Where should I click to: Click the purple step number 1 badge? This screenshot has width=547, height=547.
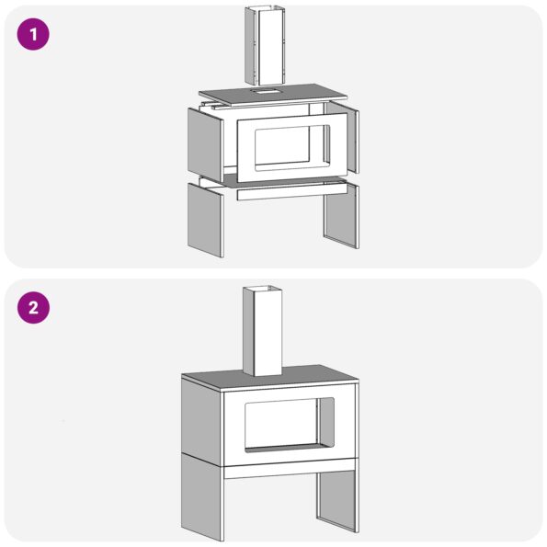(x=33, y=34)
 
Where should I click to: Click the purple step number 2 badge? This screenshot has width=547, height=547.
(x=33, y=308)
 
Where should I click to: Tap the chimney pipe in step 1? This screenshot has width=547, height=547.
(x=265, y=46)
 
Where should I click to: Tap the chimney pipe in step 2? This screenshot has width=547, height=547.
(x=262, y=331)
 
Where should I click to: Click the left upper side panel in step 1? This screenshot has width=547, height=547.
(x=205, y=145)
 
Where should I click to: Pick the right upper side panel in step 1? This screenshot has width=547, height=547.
(x=342, y=137)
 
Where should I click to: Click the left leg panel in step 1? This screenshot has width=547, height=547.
(x=205, y=220)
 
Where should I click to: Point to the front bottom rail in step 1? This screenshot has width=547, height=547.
(x=292, y=192)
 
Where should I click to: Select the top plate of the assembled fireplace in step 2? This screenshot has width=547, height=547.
(x=269, y=377)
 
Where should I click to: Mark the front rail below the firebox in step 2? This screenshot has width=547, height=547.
(x=290, y=469)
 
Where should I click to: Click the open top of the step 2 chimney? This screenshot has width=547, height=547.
(x=262, y=289)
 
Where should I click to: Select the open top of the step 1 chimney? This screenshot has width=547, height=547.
(x=265, y=7)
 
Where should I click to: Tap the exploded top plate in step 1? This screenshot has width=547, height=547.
(x=274, y=94)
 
